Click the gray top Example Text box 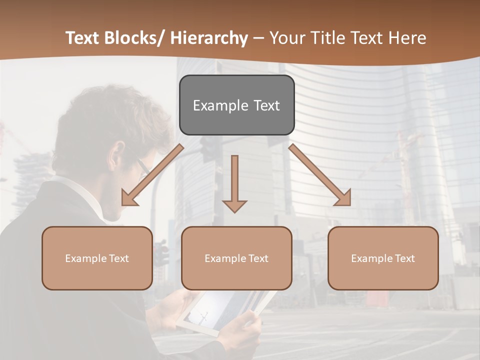[236, 105]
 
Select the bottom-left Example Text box [97, 258]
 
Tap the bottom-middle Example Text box [236, 258]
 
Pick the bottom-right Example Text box [383, 258]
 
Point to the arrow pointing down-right [320, 175]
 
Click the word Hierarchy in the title [209, 38]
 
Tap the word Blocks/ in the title [134, 38]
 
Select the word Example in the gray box [220, 105]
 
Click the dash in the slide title [258, 38]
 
